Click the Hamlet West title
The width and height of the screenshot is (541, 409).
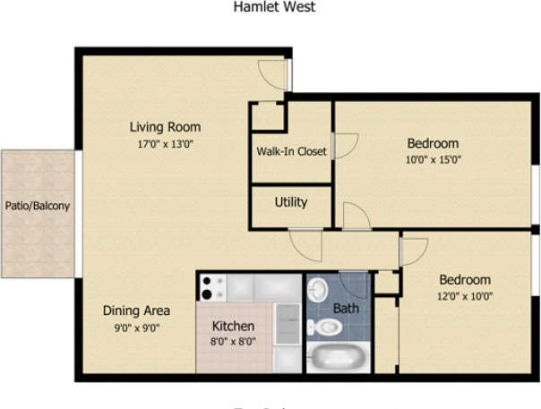pos(274,7)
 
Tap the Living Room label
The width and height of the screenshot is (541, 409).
pos(165,126)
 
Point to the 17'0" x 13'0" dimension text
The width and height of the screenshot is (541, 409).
pos(165,143)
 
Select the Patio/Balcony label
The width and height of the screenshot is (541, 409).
pos(37,205)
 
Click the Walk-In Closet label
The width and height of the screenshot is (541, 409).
pos(291,151)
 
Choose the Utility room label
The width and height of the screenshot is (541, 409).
pos(291,202)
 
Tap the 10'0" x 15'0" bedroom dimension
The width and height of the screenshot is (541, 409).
pos(433,160)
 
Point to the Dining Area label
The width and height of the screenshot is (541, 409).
pos(136,311)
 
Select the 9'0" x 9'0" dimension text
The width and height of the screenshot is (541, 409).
pos(136,328)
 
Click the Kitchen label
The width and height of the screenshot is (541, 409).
pos(233,326)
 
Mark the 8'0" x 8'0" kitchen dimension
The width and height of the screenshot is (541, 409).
pos(233,342)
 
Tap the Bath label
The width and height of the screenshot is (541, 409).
pos(346,308)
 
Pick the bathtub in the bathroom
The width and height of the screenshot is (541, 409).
pos(338,359)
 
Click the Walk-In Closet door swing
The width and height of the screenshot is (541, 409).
pos(346,146)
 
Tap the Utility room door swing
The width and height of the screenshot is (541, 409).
pos(356,217)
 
